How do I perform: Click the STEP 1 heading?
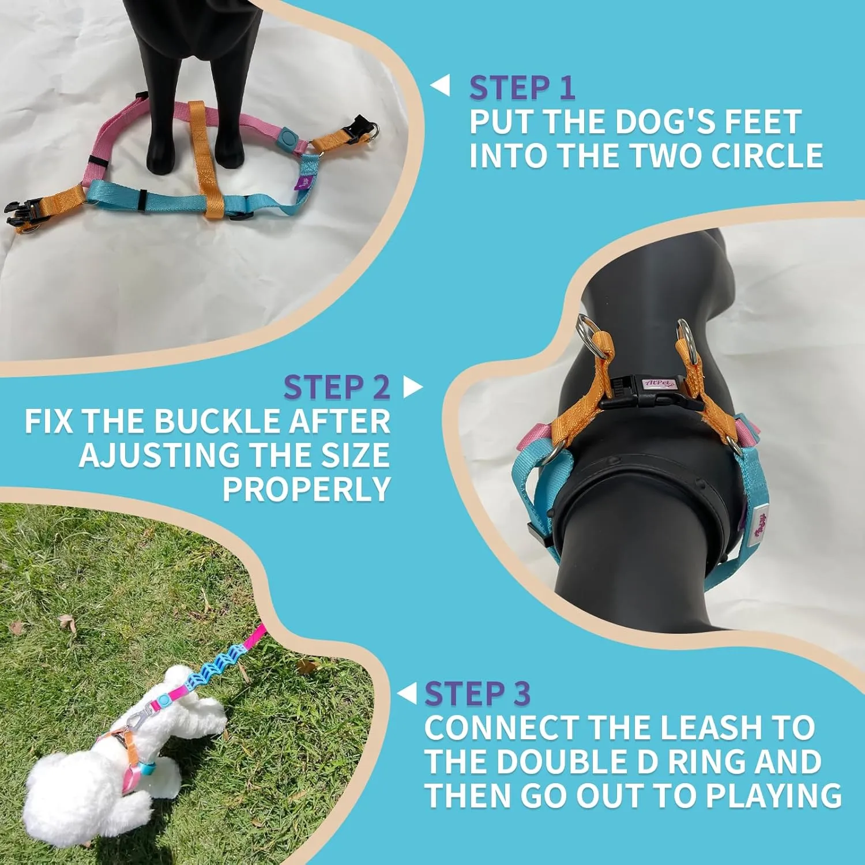(x=522, y=88)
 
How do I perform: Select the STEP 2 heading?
(x=337, y=387)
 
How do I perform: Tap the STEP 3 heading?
(x=477, y=693)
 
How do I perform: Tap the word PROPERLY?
(x=307, y=489)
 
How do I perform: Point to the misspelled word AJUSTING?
(x=159, y=455)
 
